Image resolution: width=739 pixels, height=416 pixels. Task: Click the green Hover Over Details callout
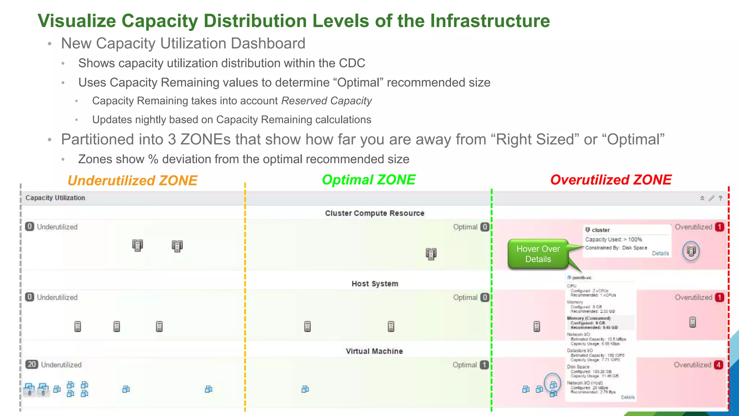pos(538,254)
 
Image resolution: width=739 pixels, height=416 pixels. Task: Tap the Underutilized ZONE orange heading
pos(132,181)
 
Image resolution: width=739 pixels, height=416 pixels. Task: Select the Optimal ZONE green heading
pos(368,180)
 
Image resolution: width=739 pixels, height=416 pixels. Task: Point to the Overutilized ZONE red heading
pos(611,180)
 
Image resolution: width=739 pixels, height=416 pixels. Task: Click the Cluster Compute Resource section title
pos(375,213)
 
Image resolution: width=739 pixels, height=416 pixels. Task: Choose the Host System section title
pos(375,284)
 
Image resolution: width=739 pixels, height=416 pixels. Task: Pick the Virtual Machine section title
pos(374,351)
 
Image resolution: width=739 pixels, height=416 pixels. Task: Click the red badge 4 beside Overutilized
pos(718,365)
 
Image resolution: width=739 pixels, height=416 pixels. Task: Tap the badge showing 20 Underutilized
pos(32,364)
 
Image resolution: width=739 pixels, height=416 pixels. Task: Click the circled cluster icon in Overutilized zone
pos(691,251)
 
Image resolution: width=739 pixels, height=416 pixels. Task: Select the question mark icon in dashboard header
pos(720,198)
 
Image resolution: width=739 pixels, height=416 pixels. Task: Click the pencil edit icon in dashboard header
pos(711,198)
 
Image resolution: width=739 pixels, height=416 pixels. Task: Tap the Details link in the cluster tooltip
pos(660,253)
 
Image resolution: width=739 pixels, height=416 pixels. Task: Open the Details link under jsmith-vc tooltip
pos(628,397)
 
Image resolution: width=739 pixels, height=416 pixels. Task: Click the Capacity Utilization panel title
pos(55,198)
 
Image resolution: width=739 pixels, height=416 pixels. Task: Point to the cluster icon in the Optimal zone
pos(431,254)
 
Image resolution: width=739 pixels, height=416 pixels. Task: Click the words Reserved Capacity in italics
pos(327,101)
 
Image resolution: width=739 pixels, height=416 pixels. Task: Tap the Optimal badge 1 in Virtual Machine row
pos(484,365)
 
